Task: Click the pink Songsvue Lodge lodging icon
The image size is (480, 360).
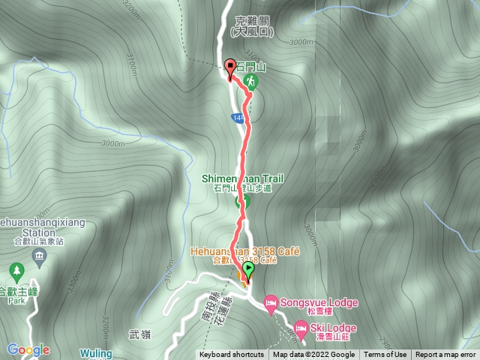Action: (x=271, y=302)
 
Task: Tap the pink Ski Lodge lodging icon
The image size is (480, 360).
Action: (x=301, y=327)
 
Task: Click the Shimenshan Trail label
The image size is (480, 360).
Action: (x=237, y=178)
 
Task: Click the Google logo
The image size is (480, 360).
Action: (x=29, y=349)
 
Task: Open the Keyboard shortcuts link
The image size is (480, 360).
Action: (x=231, y=355)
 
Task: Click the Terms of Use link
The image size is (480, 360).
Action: (x=385, y=355)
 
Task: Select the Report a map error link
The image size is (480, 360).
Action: (x=446, y=355)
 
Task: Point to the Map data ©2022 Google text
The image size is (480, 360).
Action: (x=313, y=355)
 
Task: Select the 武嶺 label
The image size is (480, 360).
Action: (x=140, y=335)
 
